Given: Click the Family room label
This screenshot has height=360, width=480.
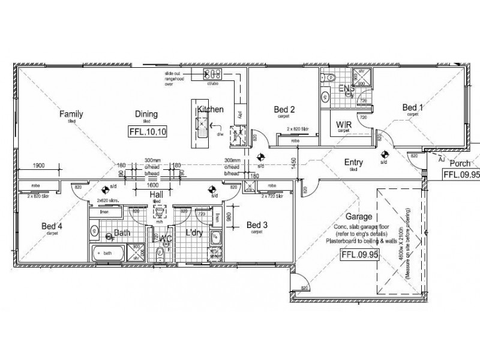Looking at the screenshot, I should tap(71, 114).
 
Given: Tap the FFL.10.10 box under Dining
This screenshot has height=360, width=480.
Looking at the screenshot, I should tap(146, 131).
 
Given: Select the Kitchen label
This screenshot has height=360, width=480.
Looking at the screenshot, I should tap(211, 109).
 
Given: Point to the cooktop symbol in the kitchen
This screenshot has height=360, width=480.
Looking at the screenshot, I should tap(213, 75).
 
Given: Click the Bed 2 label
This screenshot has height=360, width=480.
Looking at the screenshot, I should tap(284, 109).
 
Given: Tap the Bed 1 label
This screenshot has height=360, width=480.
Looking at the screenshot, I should tap(413, 107).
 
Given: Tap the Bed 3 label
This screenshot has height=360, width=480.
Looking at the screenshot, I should tap(257, 225).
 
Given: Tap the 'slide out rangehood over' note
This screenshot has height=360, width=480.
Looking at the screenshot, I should tap(178, 79).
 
